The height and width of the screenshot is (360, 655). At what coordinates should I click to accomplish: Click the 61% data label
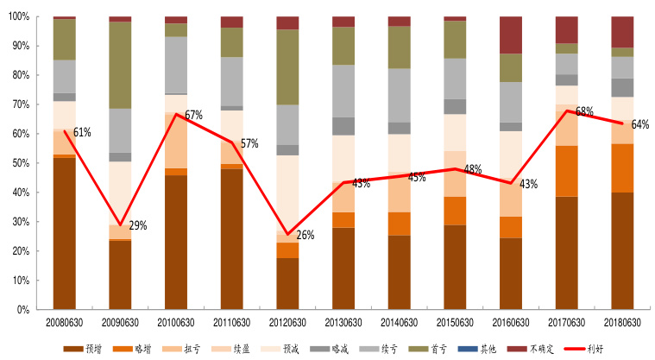(82, 132)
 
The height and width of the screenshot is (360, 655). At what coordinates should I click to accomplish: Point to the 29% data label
(137, 226)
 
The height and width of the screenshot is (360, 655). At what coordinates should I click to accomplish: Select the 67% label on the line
(192, 115)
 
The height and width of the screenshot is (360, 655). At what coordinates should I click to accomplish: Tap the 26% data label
(305, 235)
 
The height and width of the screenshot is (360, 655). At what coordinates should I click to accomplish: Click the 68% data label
(584, 111)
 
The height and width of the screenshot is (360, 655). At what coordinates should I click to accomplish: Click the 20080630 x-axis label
(64, 322)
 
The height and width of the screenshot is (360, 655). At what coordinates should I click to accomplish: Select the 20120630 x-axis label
(287, 322)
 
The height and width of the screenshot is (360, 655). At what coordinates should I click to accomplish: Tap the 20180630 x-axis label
(623, 322)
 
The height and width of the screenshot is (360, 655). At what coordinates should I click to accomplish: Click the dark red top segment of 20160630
(511, 35)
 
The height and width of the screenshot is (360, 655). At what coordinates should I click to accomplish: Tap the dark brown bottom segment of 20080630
(64, 233)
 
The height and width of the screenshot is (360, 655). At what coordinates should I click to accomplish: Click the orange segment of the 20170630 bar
(567, 171)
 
